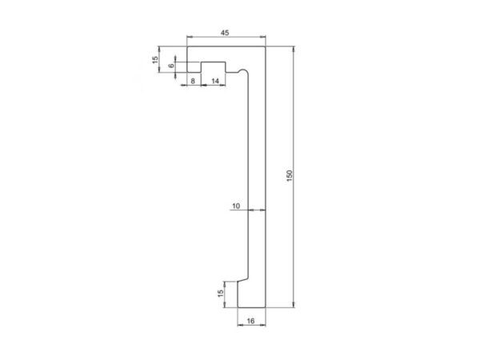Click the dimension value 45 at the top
(x=225, y=32)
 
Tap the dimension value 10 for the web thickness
(x=236, y=206)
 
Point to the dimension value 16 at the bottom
(x=250, y=321)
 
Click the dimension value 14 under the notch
(x=215, y=80)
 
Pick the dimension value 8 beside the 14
(x=193, y=80)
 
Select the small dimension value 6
(x=171, y=66)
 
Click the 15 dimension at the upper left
(x=155, y=59)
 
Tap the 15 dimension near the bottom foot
(x=221, y=294)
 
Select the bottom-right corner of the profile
(x=264, y=306)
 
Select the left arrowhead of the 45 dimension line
(x=189, y=38)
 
